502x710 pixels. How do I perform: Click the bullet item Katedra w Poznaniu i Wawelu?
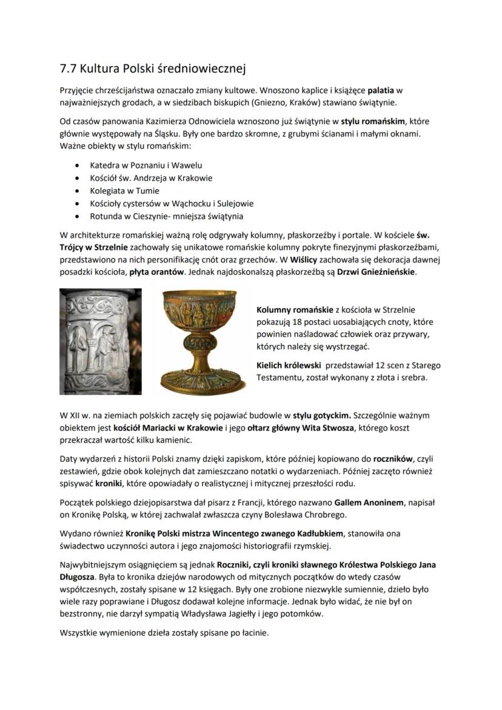(146, 165)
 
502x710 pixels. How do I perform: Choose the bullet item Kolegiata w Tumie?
(124, 191)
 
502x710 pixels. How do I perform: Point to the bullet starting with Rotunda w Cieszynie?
(167, 216)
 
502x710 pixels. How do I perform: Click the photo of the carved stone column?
(101, 342)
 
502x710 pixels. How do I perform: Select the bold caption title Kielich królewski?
(289, 366)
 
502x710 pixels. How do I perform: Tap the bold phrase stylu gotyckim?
(321, 416)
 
